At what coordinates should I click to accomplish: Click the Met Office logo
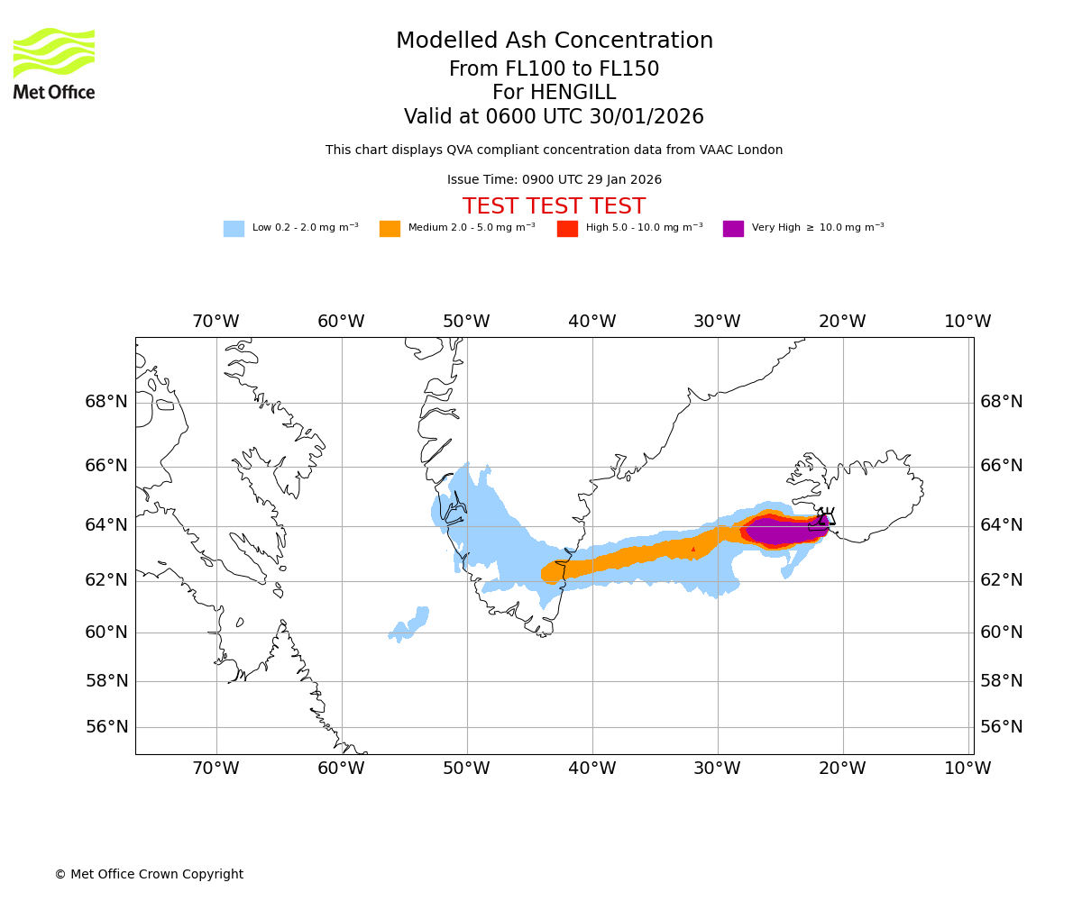click(54, 63)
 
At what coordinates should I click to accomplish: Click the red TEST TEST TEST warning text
click(554, 207)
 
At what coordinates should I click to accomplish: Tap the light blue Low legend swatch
click(234, 229)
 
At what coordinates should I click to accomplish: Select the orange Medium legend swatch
click(390, 229)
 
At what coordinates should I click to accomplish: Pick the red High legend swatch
click(567, 229)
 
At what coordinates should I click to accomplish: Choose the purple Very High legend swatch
click(733, 229)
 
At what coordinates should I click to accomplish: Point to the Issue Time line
click(554, 180)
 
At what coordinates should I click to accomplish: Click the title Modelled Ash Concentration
click(554, 41)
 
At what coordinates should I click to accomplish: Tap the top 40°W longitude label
click(591, 322)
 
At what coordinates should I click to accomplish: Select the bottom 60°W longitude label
click(341, 769)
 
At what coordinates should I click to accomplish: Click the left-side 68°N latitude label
click(106, 402)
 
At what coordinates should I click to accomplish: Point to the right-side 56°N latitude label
click(1002, 727)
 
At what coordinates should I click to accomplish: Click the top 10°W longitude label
click(967, 322)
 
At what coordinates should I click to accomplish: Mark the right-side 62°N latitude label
click(1002, 580)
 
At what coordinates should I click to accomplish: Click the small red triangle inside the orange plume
click(693, 549)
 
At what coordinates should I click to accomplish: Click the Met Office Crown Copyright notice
click(149, 875)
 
